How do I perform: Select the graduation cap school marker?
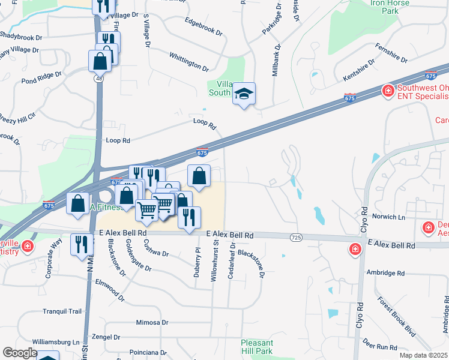(x=244, y=94)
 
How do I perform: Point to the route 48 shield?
(x=97, y=79)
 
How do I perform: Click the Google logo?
(x=20, y=353)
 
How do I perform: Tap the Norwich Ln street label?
(x=389, y=216)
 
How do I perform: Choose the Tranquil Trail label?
(x=62, y=311)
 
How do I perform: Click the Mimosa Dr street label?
(x=152, y=322)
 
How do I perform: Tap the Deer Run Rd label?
(x=380, y=346)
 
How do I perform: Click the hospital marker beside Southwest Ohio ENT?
(x=388, y=91)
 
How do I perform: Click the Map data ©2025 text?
(x=423, y=355)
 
